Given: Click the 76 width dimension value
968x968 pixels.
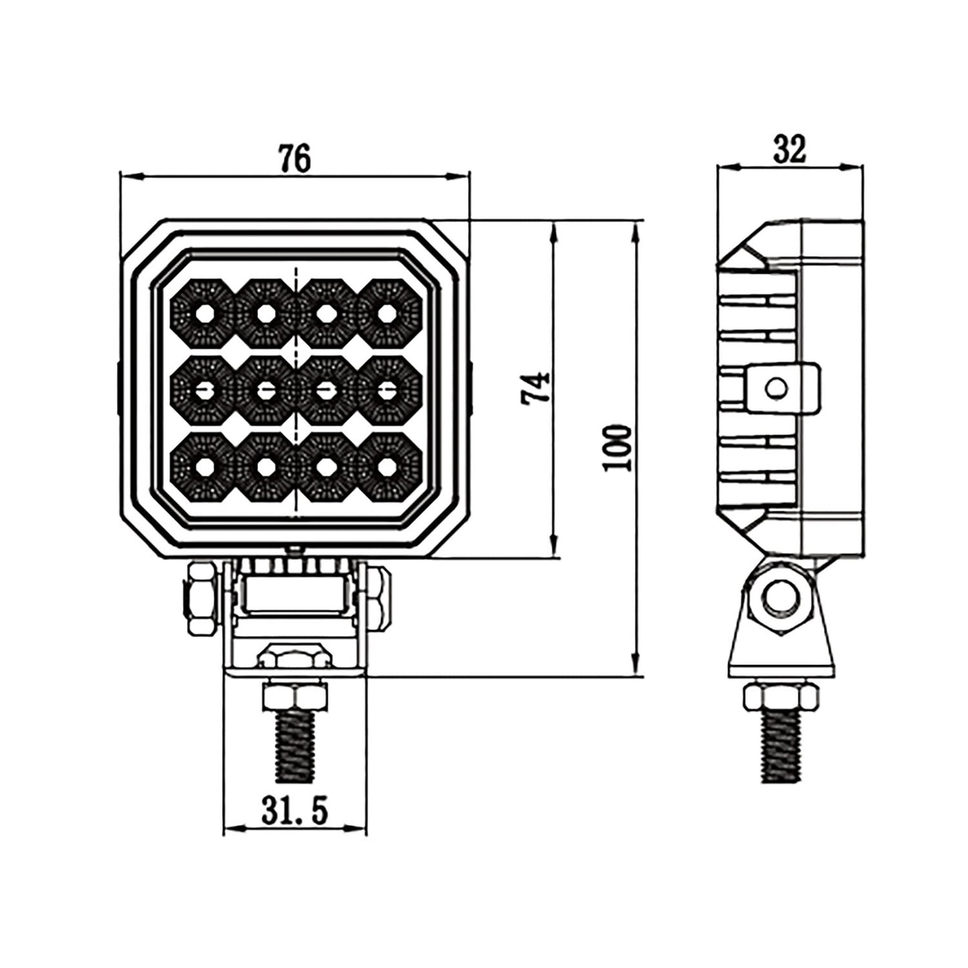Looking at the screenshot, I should point(295,159).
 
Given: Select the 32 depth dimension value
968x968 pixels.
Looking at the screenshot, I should point(790,149).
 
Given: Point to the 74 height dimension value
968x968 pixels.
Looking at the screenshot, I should point(537,388).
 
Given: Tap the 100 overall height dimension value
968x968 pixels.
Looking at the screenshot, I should point(617,447).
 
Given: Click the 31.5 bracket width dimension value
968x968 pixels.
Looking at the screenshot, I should point(294,811).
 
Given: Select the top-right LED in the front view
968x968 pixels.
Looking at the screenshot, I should point(387,312).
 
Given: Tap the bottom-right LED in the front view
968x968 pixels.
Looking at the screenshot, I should point(387,466).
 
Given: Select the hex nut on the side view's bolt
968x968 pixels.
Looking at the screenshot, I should point(781,697).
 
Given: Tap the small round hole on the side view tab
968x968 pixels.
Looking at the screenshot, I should point(777,388).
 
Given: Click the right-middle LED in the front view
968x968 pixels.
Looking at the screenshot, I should point(387,389).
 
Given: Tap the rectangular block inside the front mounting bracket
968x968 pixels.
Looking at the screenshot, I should point(295,594).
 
